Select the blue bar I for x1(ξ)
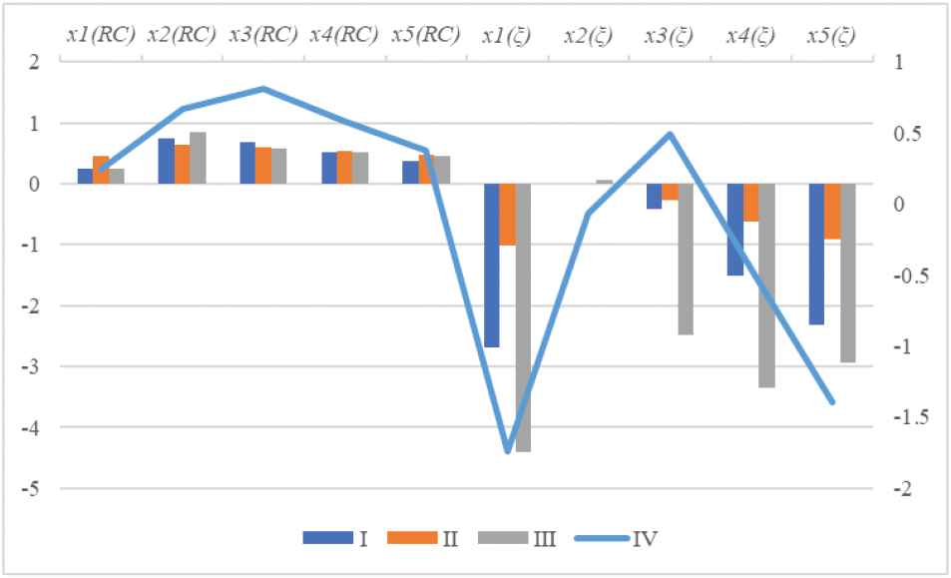pos(492,266)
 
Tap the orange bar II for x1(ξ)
pos(508,215)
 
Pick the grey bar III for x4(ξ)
pos(767,286)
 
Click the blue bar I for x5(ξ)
pos(816,255)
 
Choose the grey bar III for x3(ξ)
pos(686,260)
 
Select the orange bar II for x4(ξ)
pos(751,203)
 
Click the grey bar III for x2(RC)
pos(199,158)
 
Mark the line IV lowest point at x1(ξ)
pos(508,451)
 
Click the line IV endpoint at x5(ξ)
pos(832,402)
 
